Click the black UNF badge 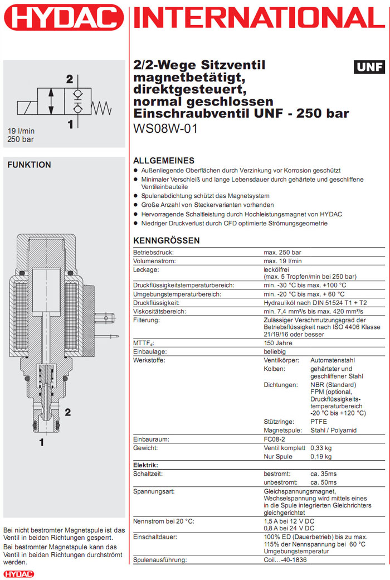pos(369,67)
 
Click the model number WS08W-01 pos(165,128)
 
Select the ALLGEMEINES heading pos(163,160)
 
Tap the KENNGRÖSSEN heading pos(167,240)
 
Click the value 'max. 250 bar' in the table pos(282,253)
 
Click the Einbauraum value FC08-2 pos(276,439)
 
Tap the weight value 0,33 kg pos(321,448)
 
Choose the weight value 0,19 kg pos(321,457)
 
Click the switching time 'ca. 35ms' pos(324,473)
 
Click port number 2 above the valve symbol pos(70,79)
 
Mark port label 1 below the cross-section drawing pos(41,443)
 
